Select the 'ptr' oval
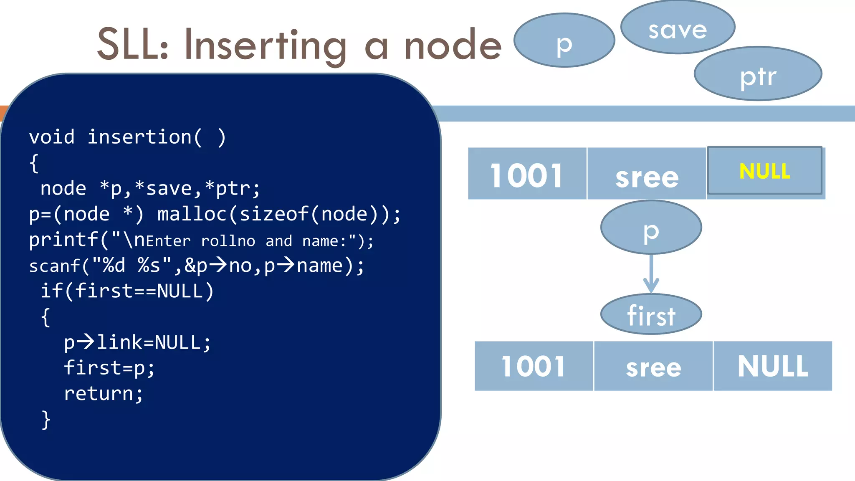tap(758, 74)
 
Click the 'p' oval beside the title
tap(564, 41)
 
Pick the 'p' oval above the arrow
tap(651, 228)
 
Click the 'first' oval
tap(651, 314)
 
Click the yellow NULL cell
tap(764, 171)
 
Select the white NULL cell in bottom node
tap(773, 366)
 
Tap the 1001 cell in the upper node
tap(527, 175)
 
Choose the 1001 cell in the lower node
tap(534, 366)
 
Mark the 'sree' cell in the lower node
tap(653, 367)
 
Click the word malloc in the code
tap(192, 214)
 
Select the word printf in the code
tap(63, 240)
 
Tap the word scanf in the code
tap(54, 266)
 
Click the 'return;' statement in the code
tap(103, 394)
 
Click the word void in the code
tap(52, 137)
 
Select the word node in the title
tap(453, 45)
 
